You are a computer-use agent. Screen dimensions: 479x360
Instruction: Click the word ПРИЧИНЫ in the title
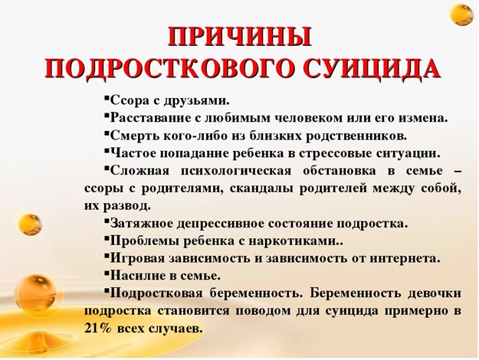(x=240, y=37)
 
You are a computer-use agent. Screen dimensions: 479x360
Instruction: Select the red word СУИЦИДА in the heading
(x=372, y=68)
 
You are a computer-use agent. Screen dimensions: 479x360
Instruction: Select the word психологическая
(x=236, y=171)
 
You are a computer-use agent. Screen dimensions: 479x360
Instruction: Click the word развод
(x=126, y=206)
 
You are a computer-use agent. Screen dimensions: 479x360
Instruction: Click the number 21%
(x=97, y=329)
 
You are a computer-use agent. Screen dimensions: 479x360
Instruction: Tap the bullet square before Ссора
(x=107, y=99)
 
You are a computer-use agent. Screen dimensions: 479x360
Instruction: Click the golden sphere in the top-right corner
(x=462, y=15)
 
